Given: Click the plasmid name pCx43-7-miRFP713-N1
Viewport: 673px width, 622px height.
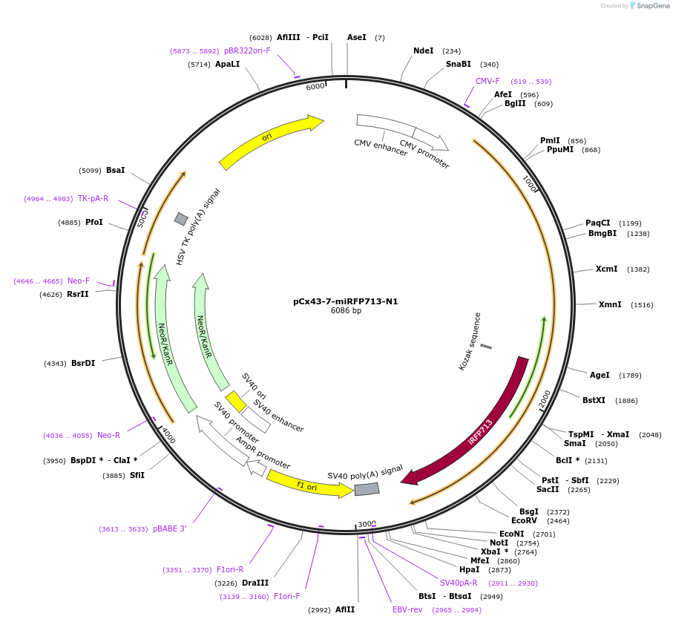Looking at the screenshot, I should [345, 301].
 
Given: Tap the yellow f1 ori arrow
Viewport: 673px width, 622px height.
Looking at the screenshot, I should [308, 483].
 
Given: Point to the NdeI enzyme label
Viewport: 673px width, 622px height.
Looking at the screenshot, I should [423, 50].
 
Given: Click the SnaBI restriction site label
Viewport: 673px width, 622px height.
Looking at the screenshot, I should [458, 64].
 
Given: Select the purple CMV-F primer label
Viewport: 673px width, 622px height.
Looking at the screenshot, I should [487, 81].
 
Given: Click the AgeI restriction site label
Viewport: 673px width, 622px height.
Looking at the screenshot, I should [600, 375].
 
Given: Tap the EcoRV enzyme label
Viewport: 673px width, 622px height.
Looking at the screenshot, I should [524, 521].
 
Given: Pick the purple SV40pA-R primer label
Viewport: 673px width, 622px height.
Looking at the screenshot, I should [459, 583].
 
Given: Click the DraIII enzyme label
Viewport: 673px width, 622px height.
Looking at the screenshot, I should [255, 583].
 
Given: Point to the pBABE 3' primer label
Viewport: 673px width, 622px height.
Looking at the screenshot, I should [170, 528].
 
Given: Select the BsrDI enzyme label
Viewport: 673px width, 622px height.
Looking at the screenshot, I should [83, 363].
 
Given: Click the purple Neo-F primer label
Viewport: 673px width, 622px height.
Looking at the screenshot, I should [78, 281].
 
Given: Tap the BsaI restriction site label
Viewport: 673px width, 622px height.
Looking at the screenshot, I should [115, 170].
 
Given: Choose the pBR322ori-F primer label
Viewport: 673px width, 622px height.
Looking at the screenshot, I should [247, 50].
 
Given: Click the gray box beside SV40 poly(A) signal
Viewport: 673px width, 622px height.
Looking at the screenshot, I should [367, 489].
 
